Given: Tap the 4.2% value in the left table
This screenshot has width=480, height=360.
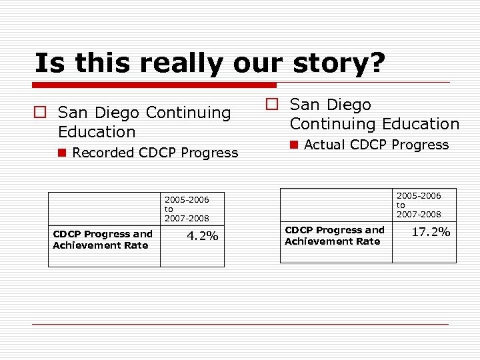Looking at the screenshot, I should (202, 236).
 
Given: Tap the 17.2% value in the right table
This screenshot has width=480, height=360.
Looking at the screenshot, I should (431, 232).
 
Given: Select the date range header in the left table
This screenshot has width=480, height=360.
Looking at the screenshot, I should (187, 209).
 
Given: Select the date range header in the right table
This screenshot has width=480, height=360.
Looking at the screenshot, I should (419, 205).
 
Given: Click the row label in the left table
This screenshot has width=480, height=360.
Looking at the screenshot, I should (103, 239).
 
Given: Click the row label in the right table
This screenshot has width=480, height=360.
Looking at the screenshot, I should (335, 235).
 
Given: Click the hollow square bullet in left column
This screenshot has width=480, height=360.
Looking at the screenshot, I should (41, 113).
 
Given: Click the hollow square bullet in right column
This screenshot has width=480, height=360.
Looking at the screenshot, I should (272, 105).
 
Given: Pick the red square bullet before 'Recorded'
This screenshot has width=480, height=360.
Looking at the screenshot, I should (62, 153).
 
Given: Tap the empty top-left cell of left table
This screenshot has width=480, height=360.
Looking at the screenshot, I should (104, 209).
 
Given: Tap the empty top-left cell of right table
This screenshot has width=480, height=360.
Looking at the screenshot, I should (336, 205).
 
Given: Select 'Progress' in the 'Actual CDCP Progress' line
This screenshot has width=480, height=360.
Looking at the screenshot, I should (420, 145).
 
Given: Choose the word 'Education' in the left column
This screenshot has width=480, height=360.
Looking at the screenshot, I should (97, 132).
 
